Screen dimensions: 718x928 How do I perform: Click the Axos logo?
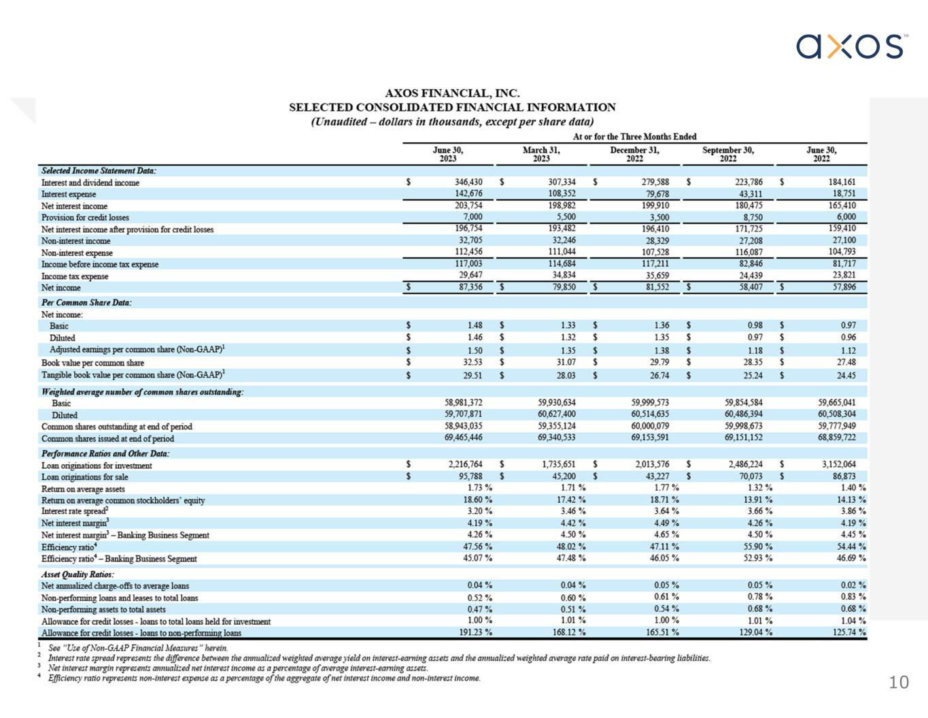pos(850,46)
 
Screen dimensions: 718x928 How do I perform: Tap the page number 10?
pos(898,682)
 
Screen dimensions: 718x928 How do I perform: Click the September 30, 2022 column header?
pos(727,154)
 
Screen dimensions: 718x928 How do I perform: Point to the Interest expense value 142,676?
pos(468,194)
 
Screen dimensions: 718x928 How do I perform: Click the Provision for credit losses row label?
pos(85,218)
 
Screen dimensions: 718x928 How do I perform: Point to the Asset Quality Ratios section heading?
pos(78,574)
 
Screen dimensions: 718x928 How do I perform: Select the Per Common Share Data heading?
pos(86,302)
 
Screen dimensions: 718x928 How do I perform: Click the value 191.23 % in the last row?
pos(475,632)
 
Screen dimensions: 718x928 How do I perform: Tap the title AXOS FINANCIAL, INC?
pos(452,93)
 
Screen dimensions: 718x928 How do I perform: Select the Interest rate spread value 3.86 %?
pos(851,511)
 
